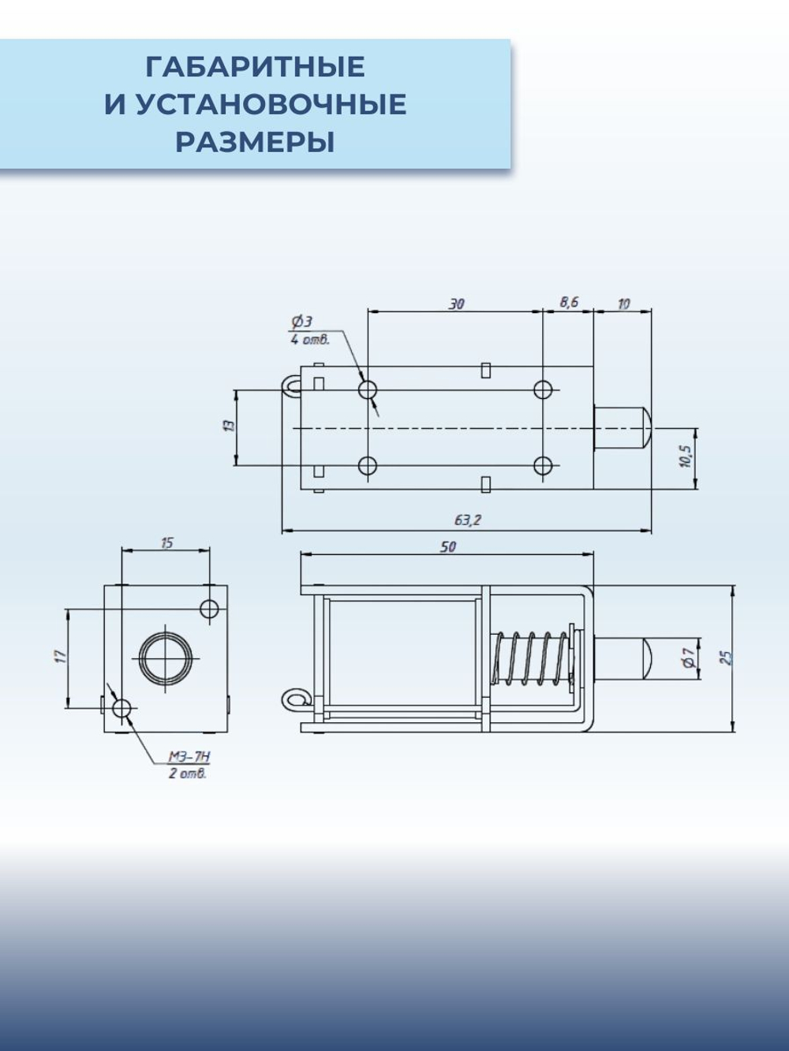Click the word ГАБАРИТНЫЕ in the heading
pos(255,67)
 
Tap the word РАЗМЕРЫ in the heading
pos(255,143)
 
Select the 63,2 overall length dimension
pos(467,520)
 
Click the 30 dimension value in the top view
pos(457,304)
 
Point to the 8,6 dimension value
pos(569,302)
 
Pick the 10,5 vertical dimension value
pos(685,457)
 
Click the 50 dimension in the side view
pos(447,546)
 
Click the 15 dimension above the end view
pos(166,543)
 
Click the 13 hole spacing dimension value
pos(229,426)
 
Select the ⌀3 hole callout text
pos(302,322)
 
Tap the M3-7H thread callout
pos(189,757)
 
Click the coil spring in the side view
pos(529,658)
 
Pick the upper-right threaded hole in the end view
pos(209,608)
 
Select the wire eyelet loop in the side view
pos(294,699)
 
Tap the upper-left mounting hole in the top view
pos(368,389)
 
